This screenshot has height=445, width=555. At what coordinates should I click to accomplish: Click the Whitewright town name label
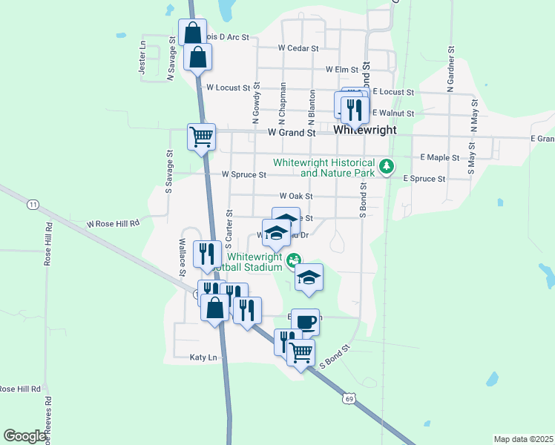(364, 129)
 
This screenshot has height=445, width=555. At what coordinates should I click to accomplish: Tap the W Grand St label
(292, 133)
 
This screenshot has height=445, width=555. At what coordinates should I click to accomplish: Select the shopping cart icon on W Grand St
(201, 137)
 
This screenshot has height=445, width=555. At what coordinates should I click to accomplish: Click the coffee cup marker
(305, 323)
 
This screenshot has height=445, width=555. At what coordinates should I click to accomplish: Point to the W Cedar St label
(298, 47)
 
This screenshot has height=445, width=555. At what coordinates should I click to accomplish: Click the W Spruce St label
(243, 175)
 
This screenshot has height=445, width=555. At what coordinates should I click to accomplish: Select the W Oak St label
(296, 197)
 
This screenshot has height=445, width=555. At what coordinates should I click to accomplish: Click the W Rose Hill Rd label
(113, 223)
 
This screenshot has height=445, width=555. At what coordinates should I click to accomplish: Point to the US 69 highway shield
(349, 400)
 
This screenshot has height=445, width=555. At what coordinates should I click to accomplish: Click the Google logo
(24, 436)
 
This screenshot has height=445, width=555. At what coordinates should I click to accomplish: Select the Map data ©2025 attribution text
(523, 439)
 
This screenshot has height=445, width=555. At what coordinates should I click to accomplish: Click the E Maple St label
(439, 158)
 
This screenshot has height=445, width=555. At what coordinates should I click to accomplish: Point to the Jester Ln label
(142, 56)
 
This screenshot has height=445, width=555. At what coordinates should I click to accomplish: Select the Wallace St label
(181, 256)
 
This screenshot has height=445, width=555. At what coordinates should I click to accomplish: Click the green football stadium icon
(294, 260)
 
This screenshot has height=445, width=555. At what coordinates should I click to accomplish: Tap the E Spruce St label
(424, 179)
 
